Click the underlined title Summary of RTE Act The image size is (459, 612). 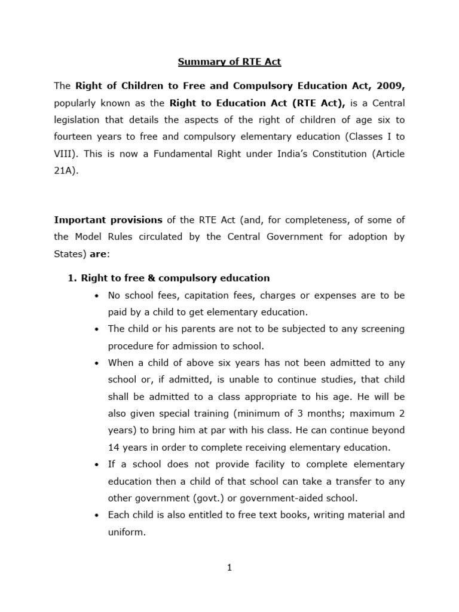tap(229, 62)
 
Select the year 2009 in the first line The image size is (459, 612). tap(392, 86)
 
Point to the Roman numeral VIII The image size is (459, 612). tap(64, 154)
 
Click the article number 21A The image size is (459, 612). tap(65, 170)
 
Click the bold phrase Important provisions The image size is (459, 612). tap(108, 219)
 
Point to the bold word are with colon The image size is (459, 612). tap(99, 253)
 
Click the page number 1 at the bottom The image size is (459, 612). tap(229, 568)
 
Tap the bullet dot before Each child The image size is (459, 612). tap(97, 515)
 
